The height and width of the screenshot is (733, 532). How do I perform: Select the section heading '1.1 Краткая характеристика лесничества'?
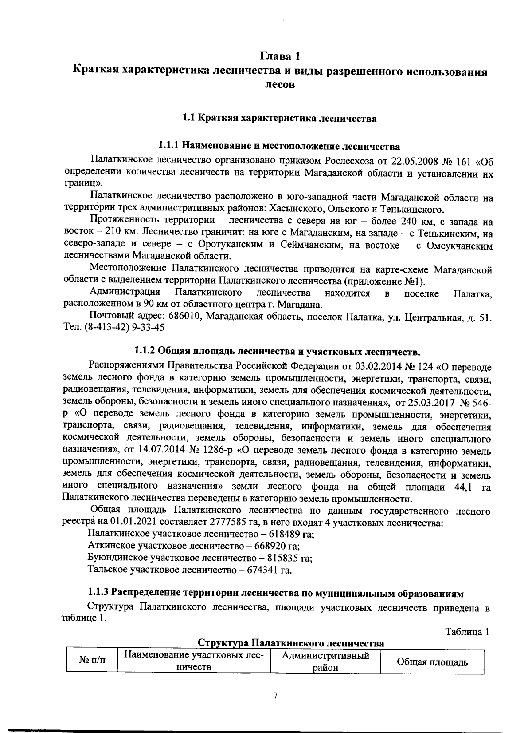click(279, 119)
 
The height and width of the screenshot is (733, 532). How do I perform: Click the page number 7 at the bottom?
click(275, 696)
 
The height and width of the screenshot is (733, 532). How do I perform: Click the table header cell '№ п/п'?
click(92, 661)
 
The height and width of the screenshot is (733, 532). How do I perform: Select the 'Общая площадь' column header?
click(432, 662)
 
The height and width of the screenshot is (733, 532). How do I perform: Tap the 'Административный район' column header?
click(326, 661)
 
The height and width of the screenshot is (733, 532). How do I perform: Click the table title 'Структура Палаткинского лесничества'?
click(290, 643)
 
